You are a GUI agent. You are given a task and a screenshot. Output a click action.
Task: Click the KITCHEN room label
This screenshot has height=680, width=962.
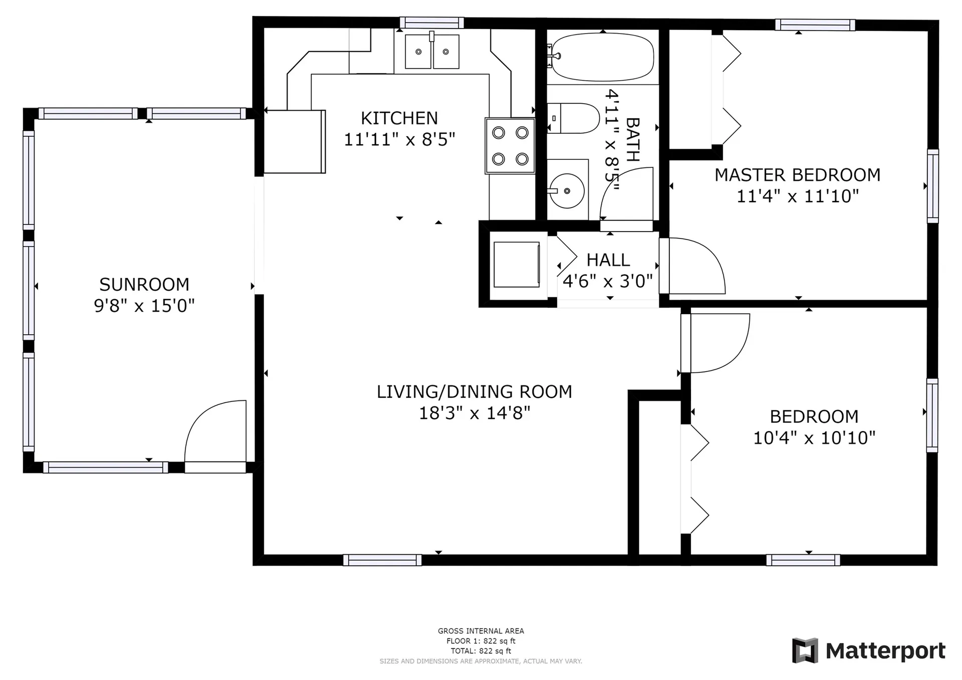pos(399,118)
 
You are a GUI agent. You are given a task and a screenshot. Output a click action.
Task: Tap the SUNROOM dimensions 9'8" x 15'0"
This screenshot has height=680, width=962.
pos(144,306)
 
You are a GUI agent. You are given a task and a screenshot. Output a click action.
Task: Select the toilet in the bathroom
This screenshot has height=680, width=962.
pos(573,118)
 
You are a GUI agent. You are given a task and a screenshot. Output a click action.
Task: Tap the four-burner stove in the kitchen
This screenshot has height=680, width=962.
pos(510,146)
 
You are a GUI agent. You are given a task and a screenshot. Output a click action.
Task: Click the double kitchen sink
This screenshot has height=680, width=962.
pos(432,51)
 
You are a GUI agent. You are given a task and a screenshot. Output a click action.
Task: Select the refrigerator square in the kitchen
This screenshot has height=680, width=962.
pos(295,141)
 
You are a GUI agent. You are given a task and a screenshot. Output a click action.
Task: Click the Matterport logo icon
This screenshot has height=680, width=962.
pos(805,650)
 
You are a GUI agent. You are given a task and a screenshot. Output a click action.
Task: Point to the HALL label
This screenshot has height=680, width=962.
pos(608,260)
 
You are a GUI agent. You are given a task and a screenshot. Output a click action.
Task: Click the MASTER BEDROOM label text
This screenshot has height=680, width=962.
pos(797,175)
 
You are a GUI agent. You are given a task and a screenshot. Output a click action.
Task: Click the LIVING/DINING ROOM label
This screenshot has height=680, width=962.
pos(474,391)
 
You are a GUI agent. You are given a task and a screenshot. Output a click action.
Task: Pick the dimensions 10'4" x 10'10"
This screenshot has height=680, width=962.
pos(814,438)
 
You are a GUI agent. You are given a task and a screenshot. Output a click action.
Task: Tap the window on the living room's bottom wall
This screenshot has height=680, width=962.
pos(382,560)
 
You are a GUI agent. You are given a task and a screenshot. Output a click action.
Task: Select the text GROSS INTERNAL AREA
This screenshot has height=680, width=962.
pos(481,631)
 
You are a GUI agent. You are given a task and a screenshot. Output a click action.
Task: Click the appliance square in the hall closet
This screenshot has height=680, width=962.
pos(517,265)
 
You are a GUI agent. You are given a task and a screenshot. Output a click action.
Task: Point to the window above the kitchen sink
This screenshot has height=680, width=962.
pos(432,23)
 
